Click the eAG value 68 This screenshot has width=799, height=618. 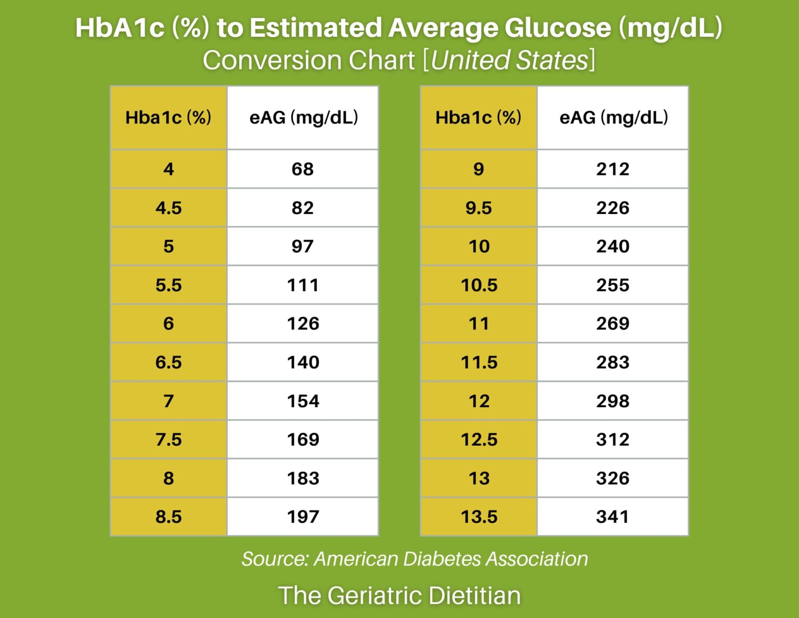coord(302,169)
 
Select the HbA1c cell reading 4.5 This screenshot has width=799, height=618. coord(169,208)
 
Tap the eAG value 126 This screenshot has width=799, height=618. coord(303,324)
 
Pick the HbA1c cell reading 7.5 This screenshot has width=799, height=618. coord(169,439)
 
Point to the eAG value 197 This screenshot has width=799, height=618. coord(303,517)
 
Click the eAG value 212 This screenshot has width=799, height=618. coord(613,169)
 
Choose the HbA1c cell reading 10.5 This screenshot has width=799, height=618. coord(479,285)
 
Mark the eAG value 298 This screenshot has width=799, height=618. coord(613,401)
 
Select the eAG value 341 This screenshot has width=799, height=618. coord(613,517)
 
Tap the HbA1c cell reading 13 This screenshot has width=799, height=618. coord(479,478)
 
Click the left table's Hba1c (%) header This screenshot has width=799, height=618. coord(169,118)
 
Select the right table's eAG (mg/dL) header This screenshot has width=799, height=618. coord(613,118)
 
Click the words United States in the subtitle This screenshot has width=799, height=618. coord(509,60)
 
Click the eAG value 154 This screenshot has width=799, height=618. coord(303,401)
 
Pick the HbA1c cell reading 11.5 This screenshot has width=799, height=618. coord(479,362)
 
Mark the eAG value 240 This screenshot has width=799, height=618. coord(613,246)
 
